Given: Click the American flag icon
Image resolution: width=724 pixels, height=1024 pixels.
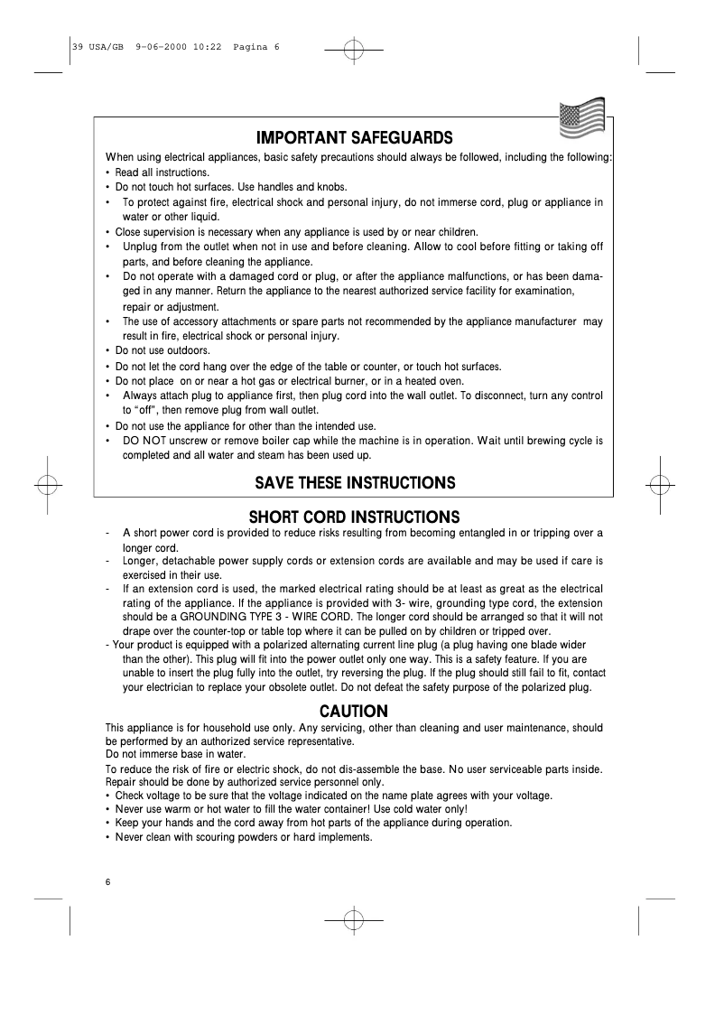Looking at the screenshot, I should pyautogui.click(x=581, y=120).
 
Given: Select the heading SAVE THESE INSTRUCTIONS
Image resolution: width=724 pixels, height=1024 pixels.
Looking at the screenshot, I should pyautogui.click(x=354, y=482).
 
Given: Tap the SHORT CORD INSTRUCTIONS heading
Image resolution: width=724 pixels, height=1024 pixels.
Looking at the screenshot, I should pyautogui.click(x=354, y=517).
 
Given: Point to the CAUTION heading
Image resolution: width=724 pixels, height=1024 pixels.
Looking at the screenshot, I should pyautogui.click(x=354, y=711).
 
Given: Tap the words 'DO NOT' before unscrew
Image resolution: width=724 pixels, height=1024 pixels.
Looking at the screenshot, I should pyautogui.click(x=143, y=441).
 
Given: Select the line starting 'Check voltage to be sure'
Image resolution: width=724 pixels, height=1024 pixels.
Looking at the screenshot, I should pyautogui.click(x=334, y=796).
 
